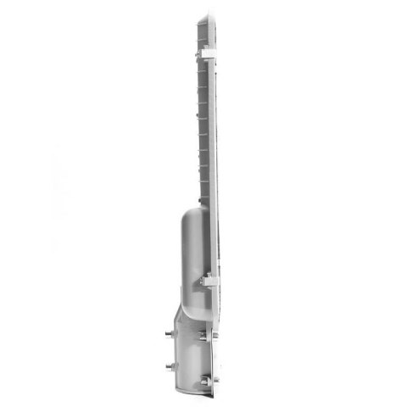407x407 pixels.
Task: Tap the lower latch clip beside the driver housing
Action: coord(208,279)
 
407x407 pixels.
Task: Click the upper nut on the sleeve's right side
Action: coord(207,337)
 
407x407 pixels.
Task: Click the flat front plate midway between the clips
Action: coord(212,170)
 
